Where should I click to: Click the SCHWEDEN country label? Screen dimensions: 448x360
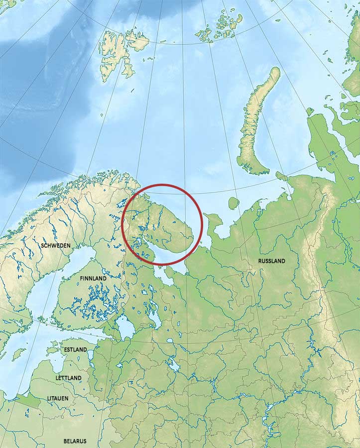56,246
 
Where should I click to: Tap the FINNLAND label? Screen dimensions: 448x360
93,278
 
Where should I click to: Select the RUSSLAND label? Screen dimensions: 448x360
271,261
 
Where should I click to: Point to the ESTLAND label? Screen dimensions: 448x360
75,349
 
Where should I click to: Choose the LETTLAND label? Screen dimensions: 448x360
68,378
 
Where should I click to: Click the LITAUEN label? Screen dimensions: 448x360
58,399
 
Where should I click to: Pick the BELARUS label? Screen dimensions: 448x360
75,441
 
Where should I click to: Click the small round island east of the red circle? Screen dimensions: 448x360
233,203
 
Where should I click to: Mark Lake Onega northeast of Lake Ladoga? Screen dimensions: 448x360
152,317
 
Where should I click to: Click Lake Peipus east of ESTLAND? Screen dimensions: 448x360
91,356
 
